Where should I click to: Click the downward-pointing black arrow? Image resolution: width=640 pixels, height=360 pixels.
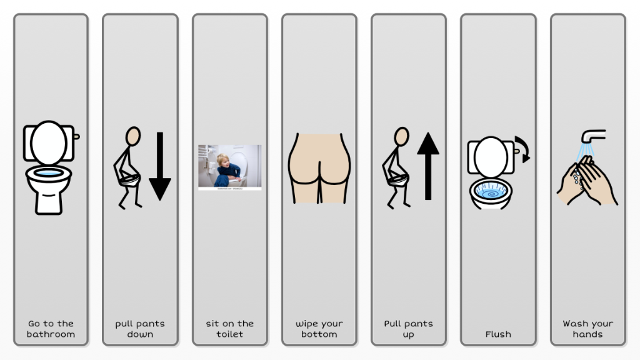(x=159, y=166)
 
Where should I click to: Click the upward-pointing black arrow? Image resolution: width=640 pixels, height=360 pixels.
(x=427, y=166)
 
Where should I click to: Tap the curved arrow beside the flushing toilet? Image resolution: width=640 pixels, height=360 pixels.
(x=523, y=149)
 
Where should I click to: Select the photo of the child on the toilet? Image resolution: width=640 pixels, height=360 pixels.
(x=230, y=167)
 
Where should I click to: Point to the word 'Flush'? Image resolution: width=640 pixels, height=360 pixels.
(x=498, y=334)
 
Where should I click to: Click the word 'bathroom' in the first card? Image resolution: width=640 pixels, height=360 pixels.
(x=51, y=334)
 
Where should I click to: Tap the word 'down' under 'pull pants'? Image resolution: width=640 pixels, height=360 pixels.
(x=140, y=334)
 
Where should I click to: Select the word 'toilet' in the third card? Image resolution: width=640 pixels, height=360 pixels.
(x=229, y=334)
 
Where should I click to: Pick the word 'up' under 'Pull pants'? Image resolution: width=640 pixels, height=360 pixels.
(x=408, y=335)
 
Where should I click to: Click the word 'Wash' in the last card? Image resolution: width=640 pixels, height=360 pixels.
(x=575, y=324)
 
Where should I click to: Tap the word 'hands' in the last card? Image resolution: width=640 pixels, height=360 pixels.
(x=587, y=334)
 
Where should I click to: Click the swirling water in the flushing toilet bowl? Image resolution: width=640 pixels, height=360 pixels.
(x=491, y=191)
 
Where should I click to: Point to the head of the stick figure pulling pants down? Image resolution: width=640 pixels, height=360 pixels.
(x=133, y=136)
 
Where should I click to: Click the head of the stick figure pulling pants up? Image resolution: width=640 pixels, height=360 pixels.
(x=402, y=136)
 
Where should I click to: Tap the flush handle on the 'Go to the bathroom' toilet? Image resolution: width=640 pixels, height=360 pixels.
(x=76, y=136)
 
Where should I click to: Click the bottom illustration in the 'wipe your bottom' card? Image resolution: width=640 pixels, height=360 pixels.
(x=319, y=168)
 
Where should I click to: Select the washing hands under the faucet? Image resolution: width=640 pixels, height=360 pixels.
(x=587, y=181)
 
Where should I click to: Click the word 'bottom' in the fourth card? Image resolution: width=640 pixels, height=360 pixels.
(x=319, y=334)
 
